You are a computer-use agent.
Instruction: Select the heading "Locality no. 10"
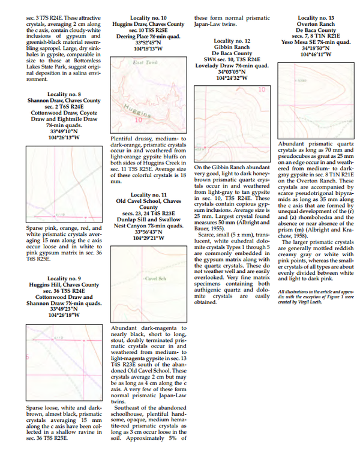(148, 19)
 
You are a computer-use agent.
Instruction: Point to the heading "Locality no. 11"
(148, 194)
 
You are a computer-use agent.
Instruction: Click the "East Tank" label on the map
(128, 63)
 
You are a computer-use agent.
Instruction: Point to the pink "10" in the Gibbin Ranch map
(262, 89)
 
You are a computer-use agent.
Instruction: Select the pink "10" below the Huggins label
(137, 119)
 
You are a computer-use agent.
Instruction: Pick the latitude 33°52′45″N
(148, 43)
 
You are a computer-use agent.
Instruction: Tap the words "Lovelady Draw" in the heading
(214, 65)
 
